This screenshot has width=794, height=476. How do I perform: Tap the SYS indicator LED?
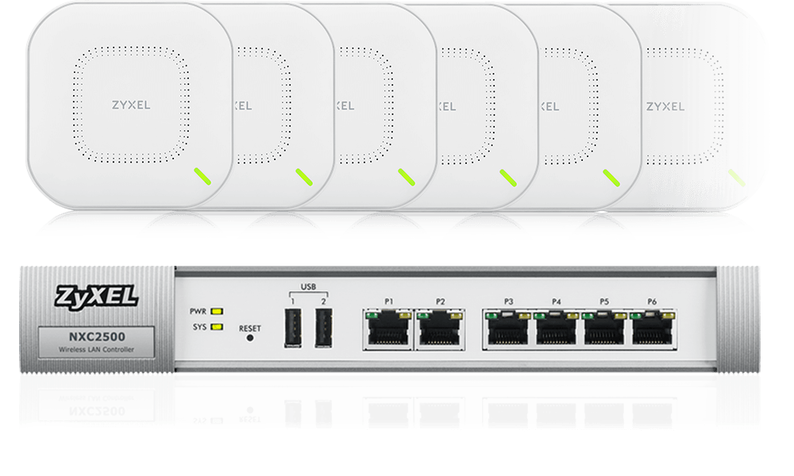pyautogui.click(x=217, y=326)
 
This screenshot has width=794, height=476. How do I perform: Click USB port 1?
pyautogui.click(x=293, y=328)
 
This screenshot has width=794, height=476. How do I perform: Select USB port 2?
pyautogui.click(x=322, y=328)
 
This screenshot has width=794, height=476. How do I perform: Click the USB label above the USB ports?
pyautogui.click(x=308, y=286)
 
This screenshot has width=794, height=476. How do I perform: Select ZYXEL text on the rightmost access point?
pyautogui.click(x=665, y=106)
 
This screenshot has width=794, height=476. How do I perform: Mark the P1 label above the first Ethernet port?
pyautogui.click(x=388, y=301)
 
